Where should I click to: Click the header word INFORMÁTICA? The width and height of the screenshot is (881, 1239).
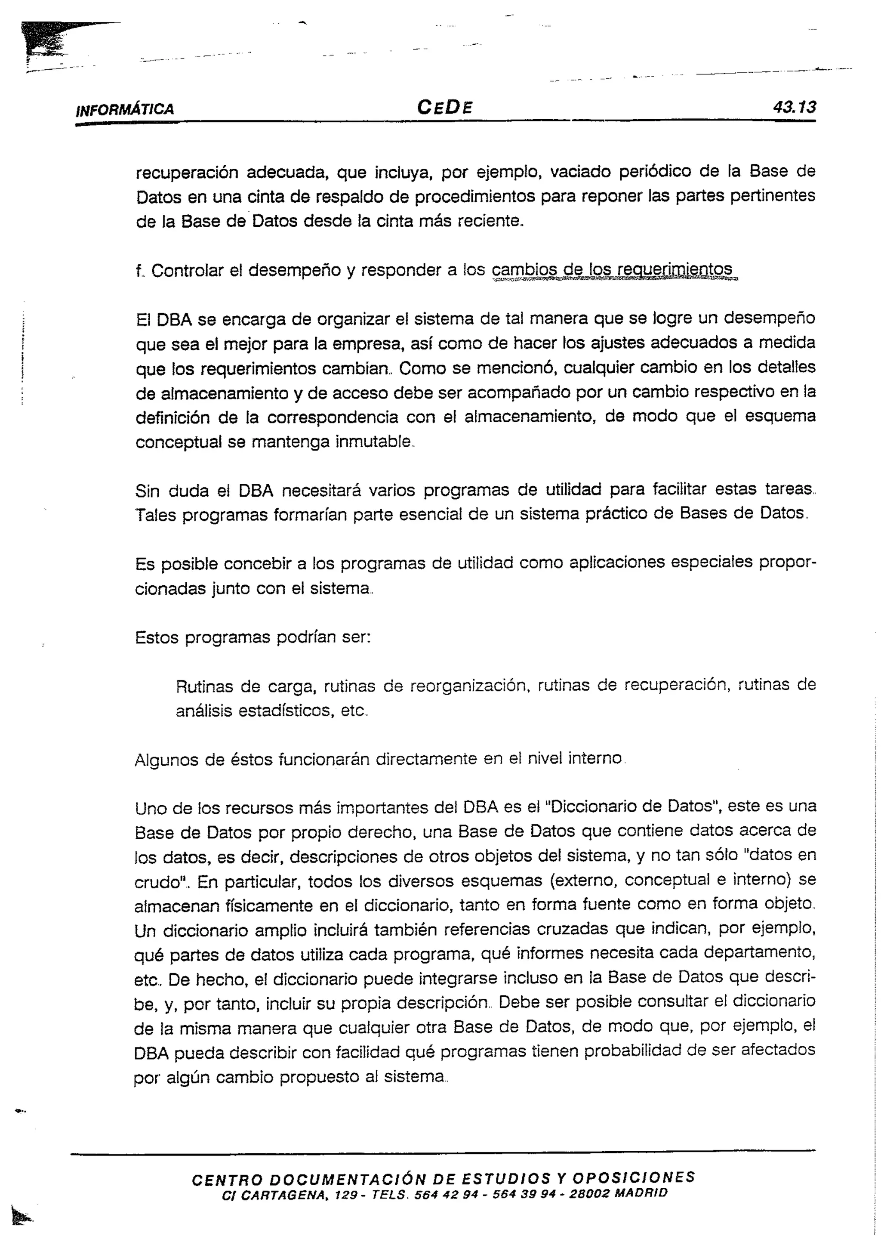click(125, 109)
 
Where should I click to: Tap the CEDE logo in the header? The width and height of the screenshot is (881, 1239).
click(444, 107)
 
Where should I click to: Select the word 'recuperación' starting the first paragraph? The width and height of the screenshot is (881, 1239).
click(187, 173)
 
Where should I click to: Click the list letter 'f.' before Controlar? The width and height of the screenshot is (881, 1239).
click(140, 270)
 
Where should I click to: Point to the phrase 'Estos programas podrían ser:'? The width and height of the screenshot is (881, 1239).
click(252, 636)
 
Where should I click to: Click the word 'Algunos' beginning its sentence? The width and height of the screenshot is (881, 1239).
click(164, 760)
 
